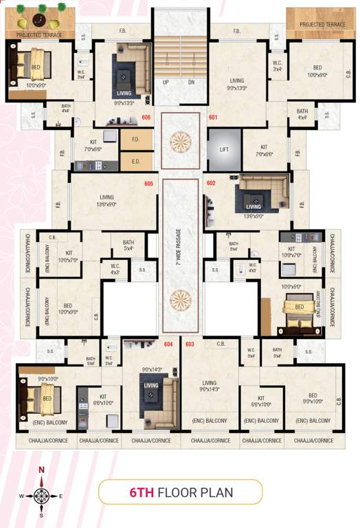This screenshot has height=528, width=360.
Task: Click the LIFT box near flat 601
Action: point(224,148)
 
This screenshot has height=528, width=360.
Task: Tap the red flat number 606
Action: point(146,118)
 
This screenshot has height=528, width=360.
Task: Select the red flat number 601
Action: point(213,118)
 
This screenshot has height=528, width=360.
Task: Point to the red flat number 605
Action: point(148,184)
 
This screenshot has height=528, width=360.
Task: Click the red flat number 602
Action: point(210,184)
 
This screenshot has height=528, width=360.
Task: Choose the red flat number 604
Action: point(168,343)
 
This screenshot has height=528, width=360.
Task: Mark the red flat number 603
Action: point(190,344)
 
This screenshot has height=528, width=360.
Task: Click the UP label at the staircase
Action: point(166,82)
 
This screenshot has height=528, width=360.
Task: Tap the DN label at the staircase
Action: point(192,82)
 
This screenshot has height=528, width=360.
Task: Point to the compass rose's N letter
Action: point(41,470)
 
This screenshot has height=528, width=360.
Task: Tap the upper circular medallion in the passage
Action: point(180,140)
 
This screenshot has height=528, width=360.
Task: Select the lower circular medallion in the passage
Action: point(180,300)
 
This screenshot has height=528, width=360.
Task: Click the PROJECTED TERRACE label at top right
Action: point(322,25)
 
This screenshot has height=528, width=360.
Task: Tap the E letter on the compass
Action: point(60,495)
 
